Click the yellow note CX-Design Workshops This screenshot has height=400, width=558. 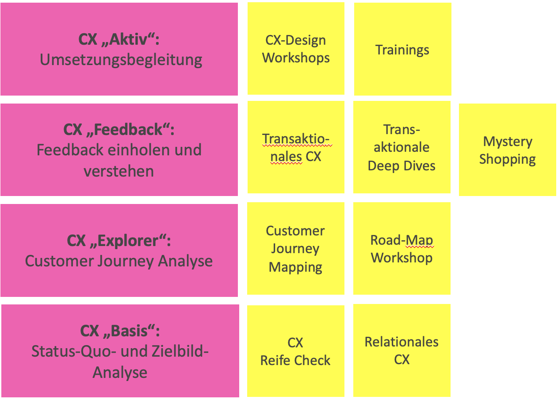pyautogui.click(x=296, y=49)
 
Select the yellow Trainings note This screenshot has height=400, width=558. pyautogui.click(x=402, y=49)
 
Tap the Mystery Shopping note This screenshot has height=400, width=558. pyautogui.click(x=507, y=150)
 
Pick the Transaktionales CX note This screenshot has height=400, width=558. pyautogui.click(x=296, y=148)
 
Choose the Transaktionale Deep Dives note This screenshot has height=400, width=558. pyautogui.click(x=401, y=148)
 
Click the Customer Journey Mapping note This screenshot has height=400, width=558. pyautogui.click(x=295, y=249)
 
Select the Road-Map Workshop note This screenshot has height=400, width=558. pyautogui.click(x=401, y=249)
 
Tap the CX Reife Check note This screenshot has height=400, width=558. pyautogui.click(x=295, y=351)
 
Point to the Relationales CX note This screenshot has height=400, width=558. pyautogui.click(x=401, y=350)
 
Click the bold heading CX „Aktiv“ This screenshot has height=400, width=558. pyautogui.click(x=119, y=39)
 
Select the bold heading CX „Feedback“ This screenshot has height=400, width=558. pyautogui.click(x=119, y=130)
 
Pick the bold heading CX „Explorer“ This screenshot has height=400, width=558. pyautogui.click(x=119, y=241)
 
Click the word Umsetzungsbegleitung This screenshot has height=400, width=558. pyautogui.click(x=121, y=60)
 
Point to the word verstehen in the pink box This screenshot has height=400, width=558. pyautogui.click(x=118, y=171)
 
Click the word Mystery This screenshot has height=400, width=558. pyautogui.click(x=508, y=142)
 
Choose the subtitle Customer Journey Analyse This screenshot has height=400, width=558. pyautogui.click(x=119, y=261)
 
